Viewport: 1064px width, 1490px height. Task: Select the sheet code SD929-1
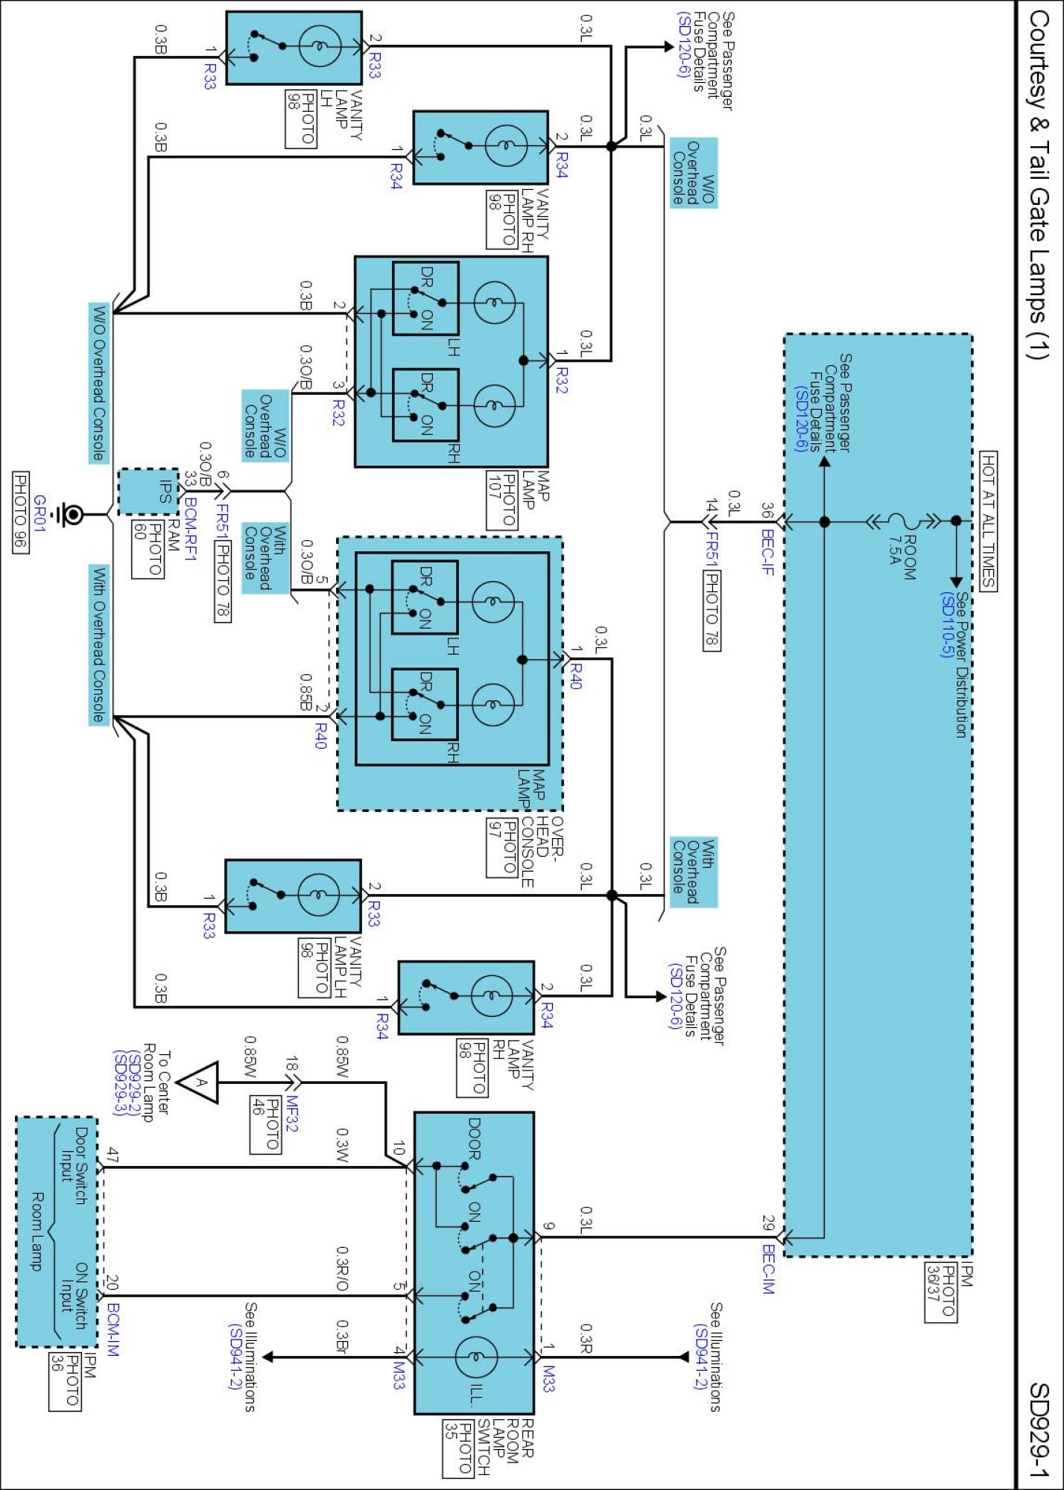1039,1430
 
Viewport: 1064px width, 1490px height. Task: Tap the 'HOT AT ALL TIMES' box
988,521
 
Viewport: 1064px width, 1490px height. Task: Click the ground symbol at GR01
72,514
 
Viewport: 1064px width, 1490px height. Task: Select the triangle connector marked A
200,1082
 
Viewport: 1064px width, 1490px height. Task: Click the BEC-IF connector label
767,552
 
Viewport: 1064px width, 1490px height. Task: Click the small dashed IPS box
149,492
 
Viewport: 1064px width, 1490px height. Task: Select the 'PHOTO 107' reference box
502,500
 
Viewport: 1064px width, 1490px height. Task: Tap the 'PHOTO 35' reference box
457,1448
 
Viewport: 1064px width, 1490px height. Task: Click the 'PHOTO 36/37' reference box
940,1292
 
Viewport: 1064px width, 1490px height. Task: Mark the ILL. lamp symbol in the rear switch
476,1357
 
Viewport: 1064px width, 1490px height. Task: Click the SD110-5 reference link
947,624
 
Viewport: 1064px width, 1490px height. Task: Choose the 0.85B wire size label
305,692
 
